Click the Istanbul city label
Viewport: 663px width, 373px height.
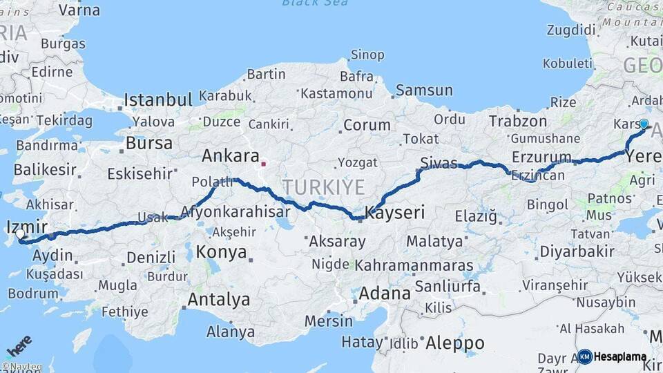157,100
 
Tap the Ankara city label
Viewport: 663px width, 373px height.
230,156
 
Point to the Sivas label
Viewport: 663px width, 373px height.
439,163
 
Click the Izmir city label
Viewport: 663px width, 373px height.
26,227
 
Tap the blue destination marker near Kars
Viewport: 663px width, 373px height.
644,124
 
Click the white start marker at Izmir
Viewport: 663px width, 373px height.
20,235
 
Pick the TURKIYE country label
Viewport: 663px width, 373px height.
323,186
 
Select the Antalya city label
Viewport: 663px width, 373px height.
218,300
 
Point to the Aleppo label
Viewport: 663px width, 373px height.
454,343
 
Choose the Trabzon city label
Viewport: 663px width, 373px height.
518,121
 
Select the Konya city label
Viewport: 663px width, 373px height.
221,252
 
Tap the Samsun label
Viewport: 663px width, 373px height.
424,90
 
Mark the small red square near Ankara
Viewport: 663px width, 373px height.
263,164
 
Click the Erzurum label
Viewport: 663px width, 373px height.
541,157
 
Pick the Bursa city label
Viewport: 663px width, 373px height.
149,144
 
